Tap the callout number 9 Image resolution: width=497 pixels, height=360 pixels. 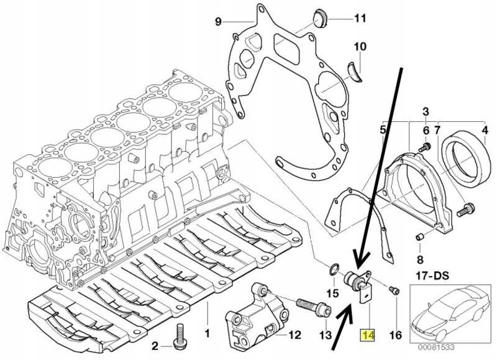coord(218,22)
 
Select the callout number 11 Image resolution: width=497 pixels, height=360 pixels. coord(360,19)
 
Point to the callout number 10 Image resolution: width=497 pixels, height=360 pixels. coord(360,47)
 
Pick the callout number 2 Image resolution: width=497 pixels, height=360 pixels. coord(155,346)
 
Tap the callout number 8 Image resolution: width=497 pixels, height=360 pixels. coord(420,258)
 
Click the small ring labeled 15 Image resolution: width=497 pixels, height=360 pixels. coord(334,270)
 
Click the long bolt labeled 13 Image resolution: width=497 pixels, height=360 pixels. coord(310,307)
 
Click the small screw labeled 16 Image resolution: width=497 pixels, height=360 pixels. coord(392,289)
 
